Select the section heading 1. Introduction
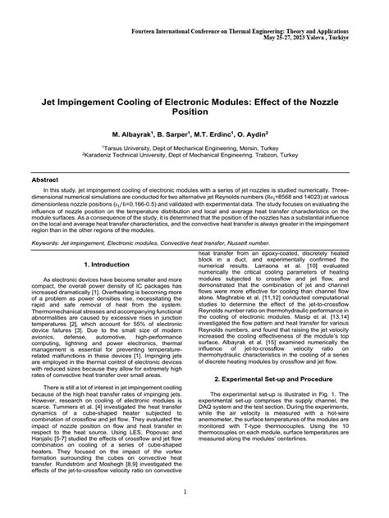click(107, 266)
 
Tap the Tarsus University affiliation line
click(194, 144)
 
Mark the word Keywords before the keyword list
click(49, 243)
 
